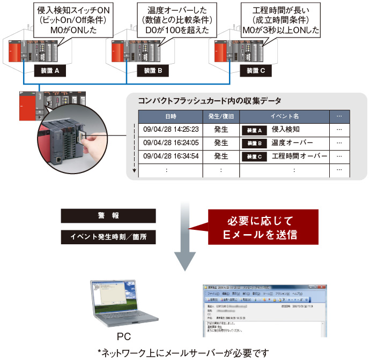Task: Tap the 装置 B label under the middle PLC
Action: pos(157,70)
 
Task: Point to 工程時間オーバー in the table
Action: pos(299,156)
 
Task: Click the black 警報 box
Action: pos(109,216)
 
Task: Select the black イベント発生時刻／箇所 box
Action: pos(109,236)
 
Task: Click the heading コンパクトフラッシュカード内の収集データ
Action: pos(210,101)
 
